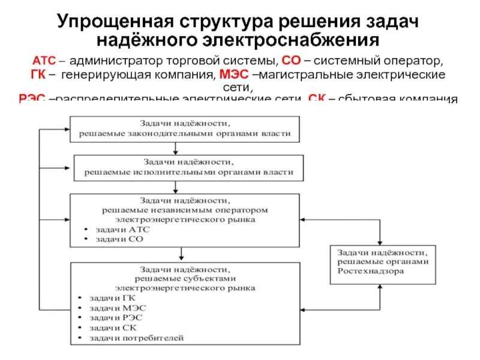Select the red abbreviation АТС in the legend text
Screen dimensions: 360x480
[43, 62]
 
